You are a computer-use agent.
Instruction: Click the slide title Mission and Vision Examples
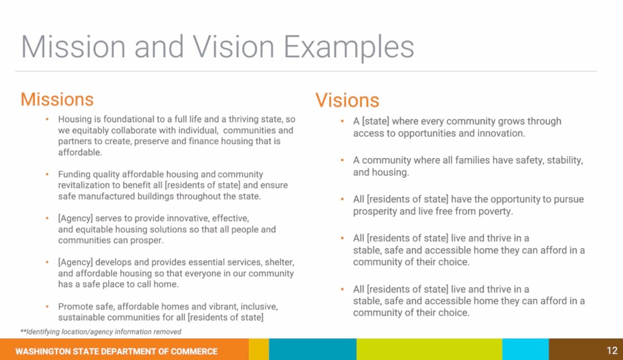tap(218, 47)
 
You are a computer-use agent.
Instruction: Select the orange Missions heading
tap(57, 99)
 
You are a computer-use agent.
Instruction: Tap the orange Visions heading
tap(347, 100)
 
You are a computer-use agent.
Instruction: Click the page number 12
tap(612, 351)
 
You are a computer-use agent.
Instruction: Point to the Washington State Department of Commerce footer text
tap(116, 351)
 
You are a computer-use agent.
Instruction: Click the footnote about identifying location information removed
tap(101, 331)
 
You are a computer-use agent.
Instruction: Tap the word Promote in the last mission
tap(74, 306)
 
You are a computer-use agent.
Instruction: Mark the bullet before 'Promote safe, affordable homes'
tap(47, 306)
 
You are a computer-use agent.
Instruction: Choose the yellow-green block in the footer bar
tap(429, 350)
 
